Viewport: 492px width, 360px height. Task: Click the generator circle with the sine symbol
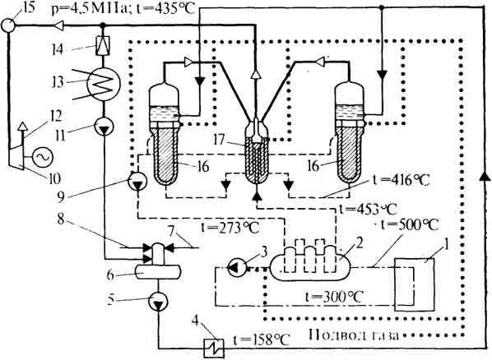(x=41, y=158)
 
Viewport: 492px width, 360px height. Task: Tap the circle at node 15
(x=8, y=25)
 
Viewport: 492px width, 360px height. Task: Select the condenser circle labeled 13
(x=104, y=83)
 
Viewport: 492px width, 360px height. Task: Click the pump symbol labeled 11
(x=104, y=127)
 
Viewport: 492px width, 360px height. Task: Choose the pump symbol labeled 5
(x=158, y=302)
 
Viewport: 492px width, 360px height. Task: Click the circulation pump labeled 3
(x=237, y=267)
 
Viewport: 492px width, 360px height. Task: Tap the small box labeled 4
(x=214, y=348)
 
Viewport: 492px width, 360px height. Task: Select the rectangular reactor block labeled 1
(x=415, y=284)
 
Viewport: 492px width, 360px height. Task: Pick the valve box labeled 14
(x=103, y=45)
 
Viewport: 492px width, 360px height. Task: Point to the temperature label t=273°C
(x=230, y=228)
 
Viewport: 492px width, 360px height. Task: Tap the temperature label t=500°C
(x=409, y=224)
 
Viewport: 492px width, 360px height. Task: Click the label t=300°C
(x=334, y=297)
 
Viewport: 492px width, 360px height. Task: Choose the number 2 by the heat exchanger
(x=360, y=243)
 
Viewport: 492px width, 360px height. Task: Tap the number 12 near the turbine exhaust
(x=55, y=117)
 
